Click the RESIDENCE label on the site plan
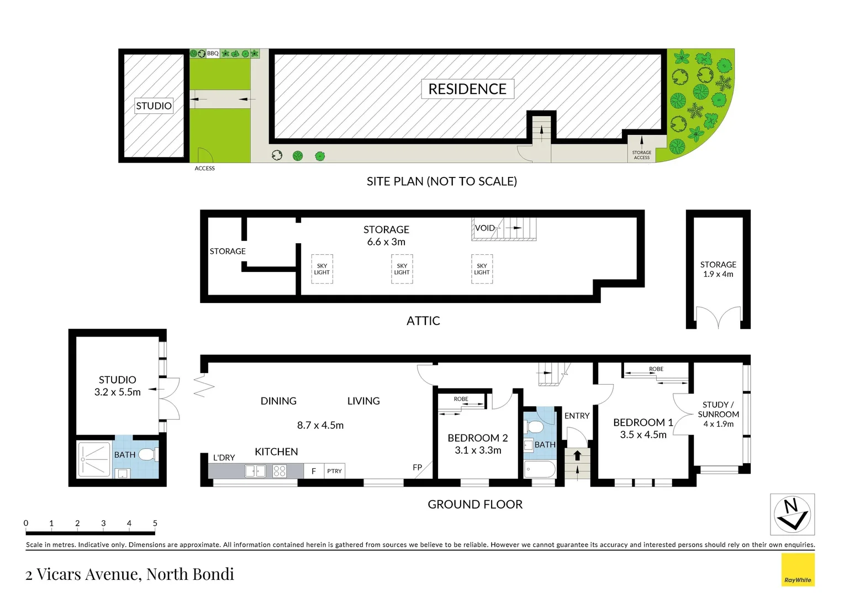tap(467, 89)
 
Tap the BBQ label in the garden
tap(213, 54)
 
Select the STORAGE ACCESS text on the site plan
tap(642, 155)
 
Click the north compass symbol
tap(792, 515)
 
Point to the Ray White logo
tap(798, 569)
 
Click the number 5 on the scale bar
tap(155, 523)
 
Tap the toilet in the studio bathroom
tap(149, 454)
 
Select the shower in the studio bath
tap(94, 459)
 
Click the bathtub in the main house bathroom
tap(540, 469)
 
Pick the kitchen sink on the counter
tap(255, 471)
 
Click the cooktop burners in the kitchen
tap(279, 471)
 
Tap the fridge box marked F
tap(314, 471)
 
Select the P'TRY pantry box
tap(334, 471)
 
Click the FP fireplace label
tap(417, 467)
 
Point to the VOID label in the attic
tap(484, 228)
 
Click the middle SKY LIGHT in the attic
tap(402, 269)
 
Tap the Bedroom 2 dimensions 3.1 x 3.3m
tap(478, 451)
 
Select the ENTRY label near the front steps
tap(577, 416)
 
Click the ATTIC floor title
tap(423, 321)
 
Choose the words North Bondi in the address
tap(190, 574)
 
